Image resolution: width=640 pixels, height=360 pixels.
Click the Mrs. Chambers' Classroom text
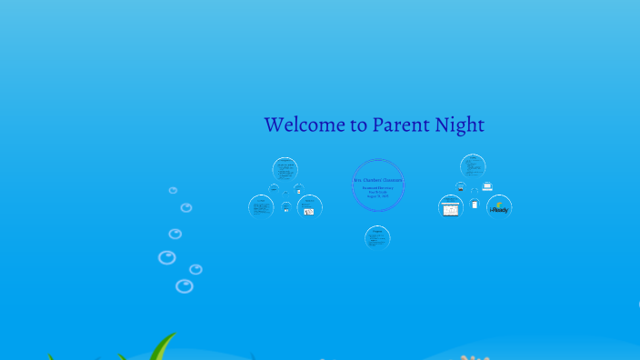(377, 179)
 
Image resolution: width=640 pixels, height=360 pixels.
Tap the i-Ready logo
(499, 207)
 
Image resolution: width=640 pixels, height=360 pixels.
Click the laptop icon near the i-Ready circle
(487, 186)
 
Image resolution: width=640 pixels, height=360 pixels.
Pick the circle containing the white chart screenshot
(451, 207)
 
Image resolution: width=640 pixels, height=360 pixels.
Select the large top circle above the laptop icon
(473, 166)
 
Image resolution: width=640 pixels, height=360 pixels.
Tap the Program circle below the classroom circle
(377, 237)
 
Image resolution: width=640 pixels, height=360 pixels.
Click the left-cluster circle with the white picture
(309, 206)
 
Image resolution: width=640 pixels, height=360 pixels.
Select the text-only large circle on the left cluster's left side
(261, 206)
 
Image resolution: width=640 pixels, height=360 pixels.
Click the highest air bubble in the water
(173, 190)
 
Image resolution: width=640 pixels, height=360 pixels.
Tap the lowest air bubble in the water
(184, 286)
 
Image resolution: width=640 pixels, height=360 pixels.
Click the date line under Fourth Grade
(377, 196)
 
